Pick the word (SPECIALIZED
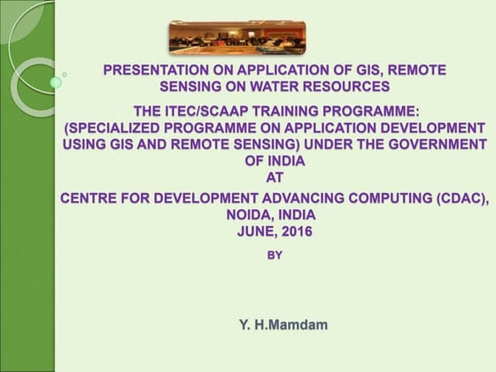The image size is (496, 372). click(x=111, y=128)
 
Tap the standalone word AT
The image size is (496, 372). click(x=274, y=176)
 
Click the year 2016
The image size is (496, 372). click(x=296, y=231)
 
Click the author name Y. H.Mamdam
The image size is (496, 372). click(x=283, y=325)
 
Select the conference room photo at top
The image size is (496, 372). click(x=236, y=37)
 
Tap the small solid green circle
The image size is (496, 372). click(x=56, y=82)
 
